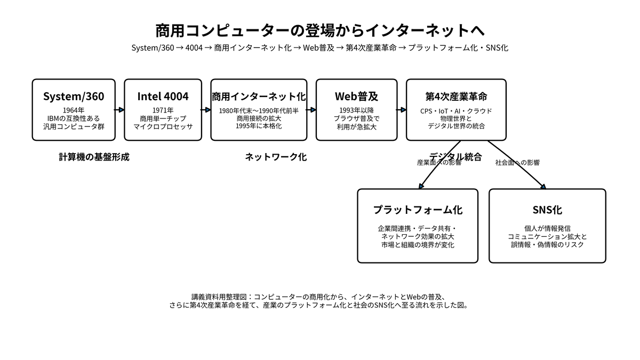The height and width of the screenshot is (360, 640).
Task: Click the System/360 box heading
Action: (74, 97)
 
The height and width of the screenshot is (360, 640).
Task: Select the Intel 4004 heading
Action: (163, 97)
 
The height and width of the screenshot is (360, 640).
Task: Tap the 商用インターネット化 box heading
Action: (259, 97)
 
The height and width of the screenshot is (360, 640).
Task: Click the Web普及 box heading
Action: (357, 97)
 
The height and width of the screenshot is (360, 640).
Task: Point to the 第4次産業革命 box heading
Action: (457, 97)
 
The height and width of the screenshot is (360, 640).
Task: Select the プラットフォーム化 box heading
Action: (418, 210)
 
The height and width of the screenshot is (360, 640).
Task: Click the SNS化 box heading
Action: (547, 210)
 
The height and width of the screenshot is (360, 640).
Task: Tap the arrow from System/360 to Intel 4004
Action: (119, 110)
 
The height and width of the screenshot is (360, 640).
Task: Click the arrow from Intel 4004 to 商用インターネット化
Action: (206, 110)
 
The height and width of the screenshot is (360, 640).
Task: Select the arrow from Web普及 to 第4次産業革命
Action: (402, 110)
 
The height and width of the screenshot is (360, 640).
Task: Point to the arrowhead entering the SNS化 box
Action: (543, 187)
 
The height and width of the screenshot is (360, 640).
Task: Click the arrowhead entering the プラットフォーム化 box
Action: (421, 187)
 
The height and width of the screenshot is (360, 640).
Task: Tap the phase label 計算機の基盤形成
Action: (94, 157)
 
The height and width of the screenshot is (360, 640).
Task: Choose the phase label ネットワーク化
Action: (276, 157)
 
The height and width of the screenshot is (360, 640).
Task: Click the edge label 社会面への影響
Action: (517, 163)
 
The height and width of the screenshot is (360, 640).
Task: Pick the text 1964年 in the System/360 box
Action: (74, 110)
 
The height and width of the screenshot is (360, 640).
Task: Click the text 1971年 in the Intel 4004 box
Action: (163, 110)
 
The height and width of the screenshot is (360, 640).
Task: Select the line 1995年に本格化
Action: (259, 126)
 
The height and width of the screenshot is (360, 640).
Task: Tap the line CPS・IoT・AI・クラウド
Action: (457, 111)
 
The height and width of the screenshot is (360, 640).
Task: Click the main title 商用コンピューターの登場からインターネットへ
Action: (320, 30)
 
